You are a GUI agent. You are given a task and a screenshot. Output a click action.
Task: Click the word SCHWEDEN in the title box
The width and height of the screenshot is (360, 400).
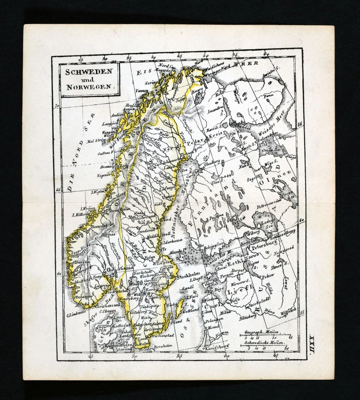tap(88, 71)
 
